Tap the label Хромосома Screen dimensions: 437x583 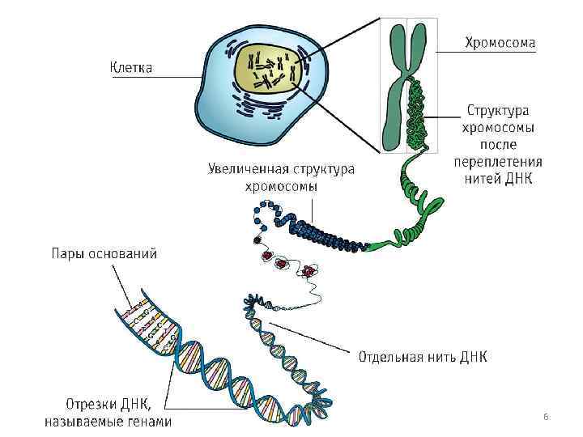click(500, 42)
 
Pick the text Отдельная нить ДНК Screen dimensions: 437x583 click(423, 356)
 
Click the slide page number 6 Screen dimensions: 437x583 click(546, 417)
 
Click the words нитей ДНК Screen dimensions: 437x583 click(499, 178)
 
